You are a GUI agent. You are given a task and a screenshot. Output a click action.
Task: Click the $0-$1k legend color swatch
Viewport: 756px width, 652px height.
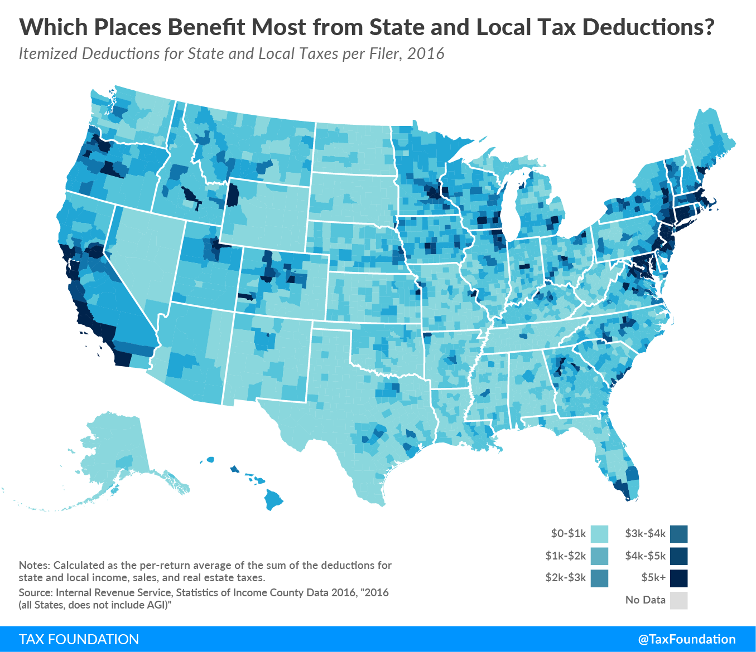[x=599, y=534]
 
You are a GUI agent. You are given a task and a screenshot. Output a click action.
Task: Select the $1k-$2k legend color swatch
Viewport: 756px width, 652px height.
[x=599, y=556]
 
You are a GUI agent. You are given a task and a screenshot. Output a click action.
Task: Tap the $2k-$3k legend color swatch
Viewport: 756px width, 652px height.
[x=599, y=578]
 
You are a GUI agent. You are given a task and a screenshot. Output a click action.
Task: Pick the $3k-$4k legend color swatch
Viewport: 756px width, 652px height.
[x=679, y=534]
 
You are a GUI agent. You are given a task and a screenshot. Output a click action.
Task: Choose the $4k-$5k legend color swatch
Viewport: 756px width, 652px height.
[x=679, y=556]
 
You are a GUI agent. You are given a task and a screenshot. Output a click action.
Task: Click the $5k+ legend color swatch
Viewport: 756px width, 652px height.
[x=679, y=578]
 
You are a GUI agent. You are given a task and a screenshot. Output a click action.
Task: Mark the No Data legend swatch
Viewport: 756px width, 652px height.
[x=679, y=600]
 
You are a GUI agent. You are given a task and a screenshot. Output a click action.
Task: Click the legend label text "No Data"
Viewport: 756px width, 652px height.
[x=645, y=600]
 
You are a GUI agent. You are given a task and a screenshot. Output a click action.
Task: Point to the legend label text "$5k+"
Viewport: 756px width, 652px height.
[x=653, y=578]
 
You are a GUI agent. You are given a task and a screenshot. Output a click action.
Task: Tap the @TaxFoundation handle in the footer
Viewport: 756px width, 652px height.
[x=687, y=639]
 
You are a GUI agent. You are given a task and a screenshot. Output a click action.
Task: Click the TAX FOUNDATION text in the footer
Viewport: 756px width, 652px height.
[x=79, y=639]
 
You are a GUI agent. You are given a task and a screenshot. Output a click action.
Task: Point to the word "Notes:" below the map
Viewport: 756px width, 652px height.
[x=34, y=565]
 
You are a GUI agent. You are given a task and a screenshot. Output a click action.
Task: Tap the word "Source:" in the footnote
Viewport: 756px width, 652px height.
[x=36, y=592]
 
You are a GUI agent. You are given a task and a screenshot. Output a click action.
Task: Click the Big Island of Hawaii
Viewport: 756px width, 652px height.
[x=274, y=499]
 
